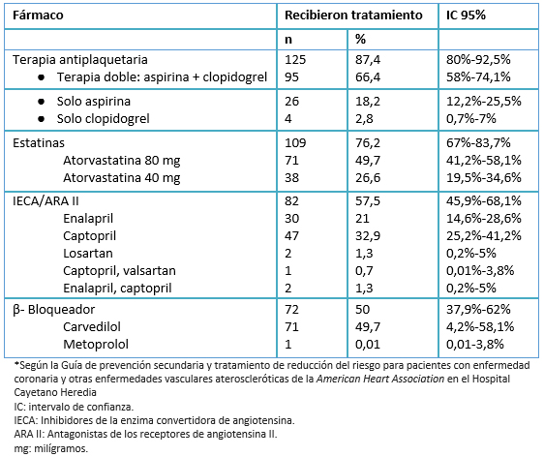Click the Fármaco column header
coord(38,15)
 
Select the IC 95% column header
coord(466,15)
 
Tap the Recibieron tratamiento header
coord(353,15)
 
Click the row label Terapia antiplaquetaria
coord(80,60)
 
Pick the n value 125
coord(295,60)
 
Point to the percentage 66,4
coord(368,77)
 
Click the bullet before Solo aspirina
coord(42,102)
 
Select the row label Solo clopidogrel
coord(103,119)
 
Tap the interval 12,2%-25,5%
coord(484,102)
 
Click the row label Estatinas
coord(39,143)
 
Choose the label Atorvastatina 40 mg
coord(121,177)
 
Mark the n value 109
coord(295,143)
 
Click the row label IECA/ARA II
coord(45,201)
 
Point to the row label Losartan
coord(88,254)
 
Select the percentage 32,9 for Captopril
coord(368,236)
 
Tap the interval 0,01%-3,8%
coord(480,271)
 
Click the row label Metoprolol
coord(96,345)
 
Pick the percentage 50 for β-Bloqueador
coord(363,310)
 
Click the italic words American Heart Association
coord(380,379)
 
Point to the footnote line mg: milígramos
coord(51,448)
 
